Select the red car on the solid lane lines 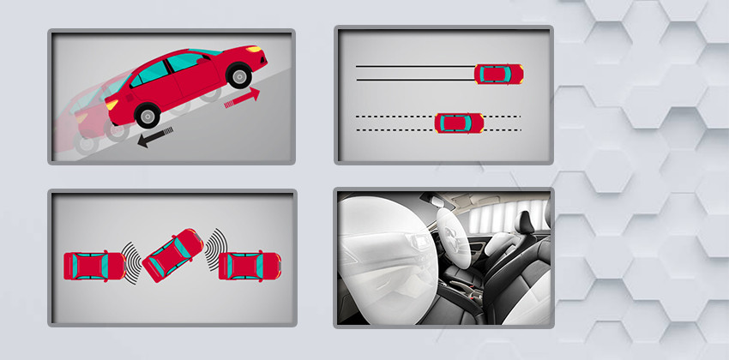(498, 73)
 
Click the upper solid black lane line (412, 66)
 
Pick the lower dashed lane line (395, 130)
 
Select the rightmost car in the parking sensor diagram (250, 266)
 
